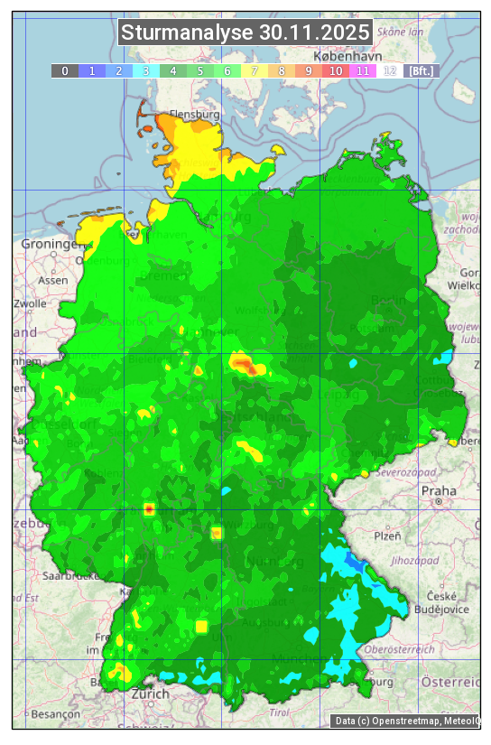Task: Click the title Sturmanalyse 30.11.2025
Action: pos(245,33)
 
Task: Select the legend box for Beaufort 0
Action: pos(64,70)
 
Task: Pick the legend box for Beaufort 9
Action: pos(308,70)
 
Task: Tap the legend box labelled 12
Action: pos(389,70)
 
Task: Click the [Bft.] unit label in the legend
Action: pos(420,70)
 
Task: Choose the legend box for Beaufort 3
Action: pos(145,70)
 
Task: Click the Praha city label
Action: pos(439,491)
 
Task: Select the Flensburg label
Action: pos(194,116)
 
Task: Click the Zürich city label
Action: pos(150,694)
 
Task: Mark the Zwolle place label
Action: pos(30,303)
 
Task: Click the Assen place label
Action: pos(53,281)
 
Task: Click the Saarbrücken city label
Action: pos(70,575)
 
